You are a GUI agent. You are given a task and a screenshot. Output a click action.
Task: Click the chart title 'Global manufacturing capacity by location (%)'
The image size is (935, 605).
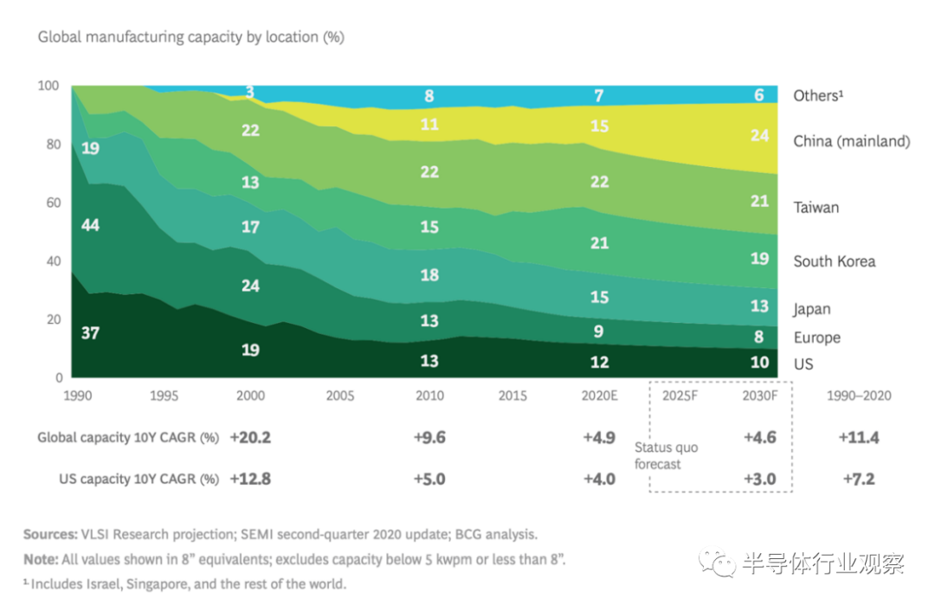pos(191,37)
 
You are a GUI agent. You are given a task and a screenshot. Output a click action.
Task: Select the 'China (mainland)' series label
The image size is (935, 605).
pos(852,141)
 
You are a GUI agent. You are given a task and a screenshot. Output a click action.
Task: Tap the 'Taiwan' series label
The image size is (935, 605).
pos(816,208)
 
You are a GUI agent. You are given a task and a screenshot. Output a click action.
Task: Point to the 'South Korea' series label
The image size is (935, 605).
pos(835,261)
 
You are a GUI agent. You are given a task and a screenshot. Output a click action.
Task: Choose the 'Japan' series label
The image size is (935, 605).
pos(812,309)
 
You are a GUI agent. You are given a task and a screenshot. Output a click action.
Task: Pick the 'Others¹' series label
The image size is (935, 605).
pos(818,95)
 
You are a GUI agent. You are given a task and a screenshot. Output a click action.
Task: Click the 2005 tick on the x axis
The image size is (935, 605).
pos(340,396)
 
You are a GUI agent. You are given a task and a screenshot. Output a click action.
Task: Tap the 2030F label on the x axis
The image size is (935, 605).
pos(759,396)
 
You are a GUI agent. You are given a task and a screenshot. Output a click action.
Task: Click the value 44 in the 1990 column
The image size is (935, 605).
pos(90,226)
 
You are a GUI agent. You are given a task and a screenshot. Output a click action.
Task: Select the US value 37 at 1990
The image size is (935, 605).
pos(90,332)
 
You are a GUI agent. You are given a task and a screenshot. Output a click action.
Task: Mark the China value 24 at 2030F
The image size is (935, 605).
pos(759,136)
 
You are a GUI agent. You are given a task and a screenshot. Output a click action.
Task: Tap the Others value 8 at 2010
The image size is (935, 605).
pos(429,96)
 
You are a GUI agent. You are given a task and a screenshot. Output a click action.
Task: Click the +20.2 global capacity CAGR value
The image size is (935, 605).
pos(250,438)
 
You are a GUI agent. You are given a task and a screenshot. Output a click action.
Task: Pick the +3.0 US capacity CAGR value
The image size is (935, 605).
pos(759,479)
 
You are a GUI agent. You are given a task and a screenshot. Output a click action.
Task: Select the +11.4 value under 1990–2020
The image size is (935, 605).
pos(859,438)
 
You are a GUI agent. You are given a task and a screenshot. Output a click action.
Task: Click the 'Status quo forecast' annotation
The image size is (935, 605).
pos(666,455)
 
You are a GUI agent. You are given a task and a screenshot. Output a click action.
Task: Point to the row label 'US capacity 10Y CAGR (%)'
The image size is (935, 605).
pos(139,479)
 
